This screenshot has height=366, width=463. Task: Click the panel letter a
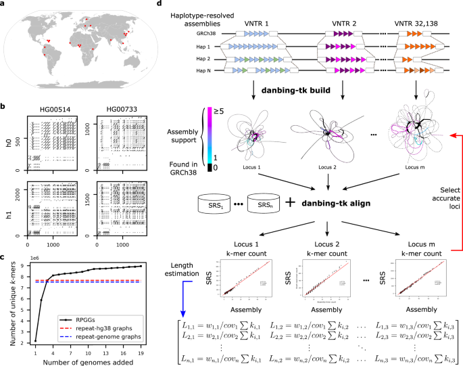[4, 4]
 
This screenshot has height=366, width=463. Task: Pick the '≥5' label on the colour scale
[219, 110]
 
